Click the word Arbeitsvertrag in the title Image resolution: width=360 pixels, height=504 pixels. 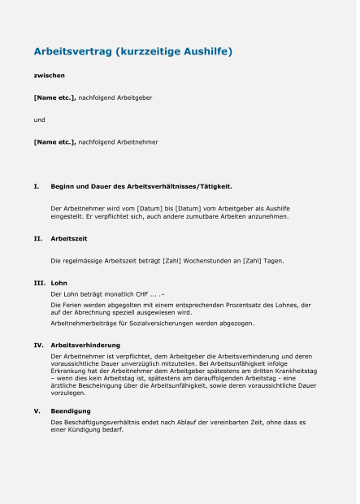pos(72,52)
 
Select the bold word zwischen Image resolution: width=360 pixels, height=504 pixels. pos(49,76)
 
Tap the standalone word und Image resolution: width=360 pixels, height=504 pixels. pos(39,119)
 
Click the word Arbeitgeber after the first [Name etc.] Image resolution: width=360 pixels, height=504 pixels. pos(134,98)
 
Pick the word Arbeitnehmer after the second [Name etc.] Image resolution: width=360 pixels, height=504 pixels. pos(137,142)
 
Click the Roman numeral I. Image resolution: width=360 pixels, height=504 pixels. pos(36,187)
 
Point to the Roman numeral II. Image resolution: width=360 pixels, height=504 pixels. pos(37,239)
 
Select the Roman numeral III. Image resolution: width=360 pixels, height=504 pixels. pos(38,283)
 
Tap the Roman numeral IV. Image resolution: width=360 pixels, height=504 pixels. pos(38,345)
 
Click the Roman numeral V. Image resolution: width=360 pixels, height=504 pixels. pos(37,411)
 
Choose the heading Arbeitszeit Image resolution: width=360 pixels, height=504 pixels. pos(68,239)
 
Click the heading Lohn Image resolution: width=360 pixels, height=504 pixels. pos(59,283)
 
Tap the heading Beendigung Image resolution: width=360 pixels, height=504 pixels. pos(70,411)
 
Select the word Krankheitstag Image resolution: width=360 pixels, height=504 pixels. pos(297,371)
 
